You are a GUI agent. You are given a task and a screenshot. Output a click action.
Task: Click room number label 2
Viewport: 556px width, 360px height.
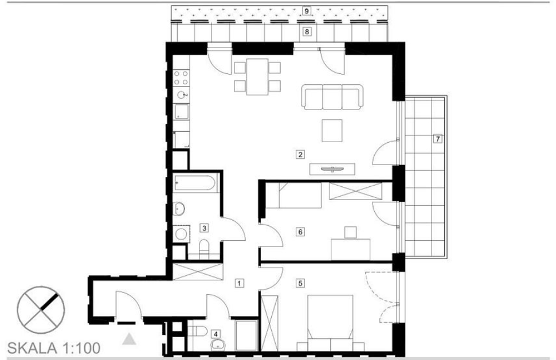(300, 154)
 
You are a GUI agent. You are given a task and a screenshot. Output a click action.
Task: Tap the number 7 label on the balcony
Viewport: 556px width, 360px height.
(438, 139)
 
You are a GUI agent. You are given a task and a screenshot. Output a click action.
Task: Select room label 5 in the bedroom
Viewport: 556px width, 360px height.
(300, 283)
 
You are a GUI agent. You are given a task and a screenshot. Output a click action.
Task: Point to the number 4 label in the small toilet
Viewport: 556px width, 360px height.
(216, 334)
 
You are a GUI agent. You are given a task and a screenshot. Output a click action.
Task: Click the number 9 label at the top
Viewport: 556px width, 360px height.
(307, 11)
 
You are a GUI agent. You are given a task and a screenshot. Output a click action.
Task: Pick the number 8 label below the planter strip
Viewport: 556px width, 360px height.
(307, 32)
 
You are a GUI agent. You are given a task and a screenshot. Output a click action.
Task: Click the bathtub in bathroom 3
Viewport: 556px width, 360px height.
(194, 183)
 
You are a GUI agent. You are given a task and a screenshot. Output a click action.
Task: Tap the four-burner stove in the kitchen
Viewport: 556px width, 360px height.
(181, 78)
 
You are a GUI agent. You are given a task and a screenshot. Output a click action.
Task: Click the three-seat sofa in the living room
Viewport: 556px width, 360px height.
(332, 96)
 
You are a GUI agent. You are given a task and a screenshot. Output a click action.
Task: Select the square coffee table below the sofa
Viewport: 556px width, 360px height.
(332, 131)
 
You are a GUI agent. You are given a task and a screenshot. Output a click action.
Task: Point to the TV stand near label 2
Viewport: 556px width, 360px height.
(332, 169)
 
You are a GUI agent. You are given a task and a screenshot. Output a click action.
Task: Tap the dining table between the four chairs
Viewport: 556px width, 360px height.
(257, 77)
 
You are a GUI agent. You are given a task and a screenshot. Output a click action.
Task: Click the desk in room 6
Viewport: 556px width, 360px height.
(350, 250)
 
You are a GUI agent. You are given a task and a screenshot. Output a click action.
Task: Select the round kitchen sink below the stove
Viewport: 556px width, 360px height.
(182, 95)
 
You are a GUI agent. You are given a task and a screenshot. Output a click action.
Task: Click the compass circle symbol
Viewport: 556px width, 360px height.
(41, 310)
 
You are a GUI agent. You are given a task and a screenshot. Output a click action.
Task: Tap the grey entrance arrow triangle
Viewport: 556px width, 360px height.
(129, 339)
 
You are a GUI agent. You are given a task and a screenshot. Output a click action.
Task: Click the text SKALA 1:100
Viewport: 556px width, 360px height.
(53, 348)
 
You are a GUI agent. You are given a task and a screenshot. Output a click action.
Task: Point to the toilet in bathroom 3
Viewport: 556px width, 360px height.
(204, 249)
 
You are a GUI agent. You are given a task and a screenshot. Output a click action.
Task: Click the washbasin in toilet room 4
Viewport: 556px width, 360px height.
(218, 345)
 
